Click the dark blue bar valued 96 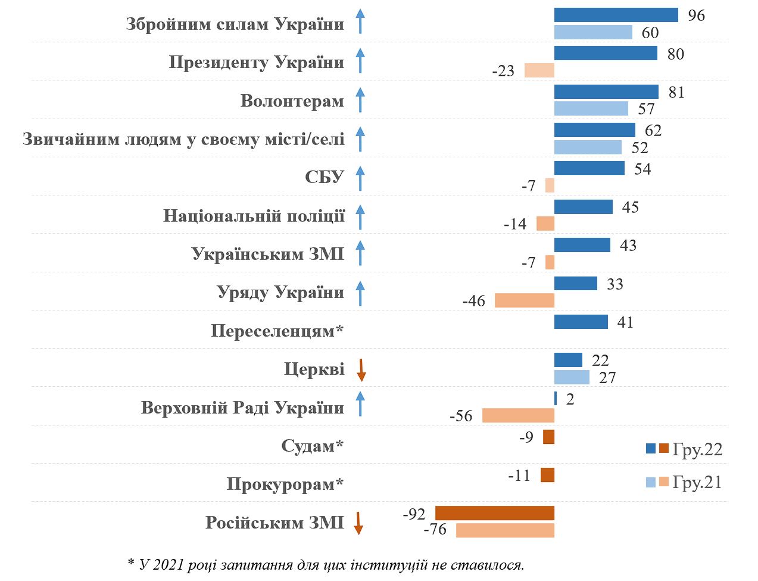616,15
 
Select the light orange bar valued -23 539,70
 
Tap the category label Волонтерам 292,101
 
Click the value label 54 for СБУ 642,169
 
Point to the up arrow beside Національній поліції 360,217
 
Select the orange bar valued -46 524,300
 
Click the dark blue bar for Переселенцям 581,322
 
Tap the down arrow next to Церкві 361,370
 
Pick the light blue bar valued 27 572,377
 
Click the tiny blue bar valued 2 556,399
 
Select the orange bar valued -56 518,415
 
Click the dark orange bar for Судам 548,437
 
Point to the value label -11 519,476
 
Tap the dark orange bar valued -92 494,513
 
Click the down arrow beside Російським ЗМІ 358,523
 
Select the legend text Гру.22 697,449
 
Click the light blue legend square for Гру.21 651,482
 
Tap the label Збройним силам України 235,24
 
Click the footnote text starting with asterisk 326,564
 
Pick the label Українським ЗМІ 267,254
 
